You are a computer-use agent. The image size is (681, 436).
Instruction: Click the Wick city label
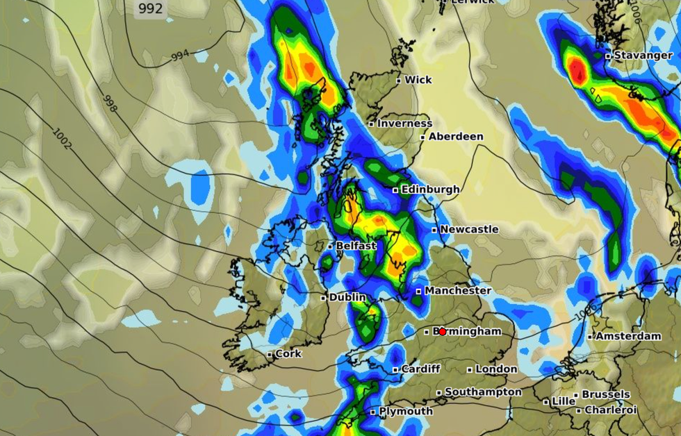(418, 80)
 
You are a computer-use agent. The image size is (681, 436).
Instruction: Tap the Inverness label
(404, 123)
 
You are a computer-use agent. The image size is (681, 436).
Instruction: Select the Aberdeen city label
(456, 137)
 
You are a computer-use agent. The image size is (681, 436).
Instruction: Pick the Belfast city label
(356, 246)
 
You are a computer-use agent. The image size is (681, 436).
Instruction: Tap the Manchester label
(458, 290)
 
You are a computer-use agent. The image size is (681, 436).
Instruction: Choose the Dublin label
(347, 297)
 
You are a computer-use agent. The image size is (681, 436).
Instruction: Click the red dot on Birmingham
(442, 332)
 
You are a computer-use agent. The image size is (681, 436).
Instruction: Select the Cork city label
(288, 353)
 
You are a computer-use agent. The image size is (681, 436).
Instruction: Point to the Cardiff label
(420, 369)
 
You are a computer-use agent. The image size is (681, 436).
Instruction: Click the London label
(496, 369)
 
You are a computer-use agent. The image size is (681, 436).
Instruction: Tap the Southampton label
(483, 392)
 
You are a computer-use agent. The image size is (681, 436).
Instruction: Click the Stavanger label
(643, 55)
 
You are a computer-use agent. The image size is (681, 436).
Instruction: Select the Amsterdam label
(629, 336)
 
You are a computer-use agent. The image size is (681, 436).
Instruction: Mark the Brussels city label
(606, 394)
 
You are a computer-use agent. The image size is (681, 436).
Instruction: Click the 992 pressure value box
(150, 9)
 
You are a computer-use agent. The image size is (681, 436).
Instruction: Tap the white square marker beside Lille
(546, 402)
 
